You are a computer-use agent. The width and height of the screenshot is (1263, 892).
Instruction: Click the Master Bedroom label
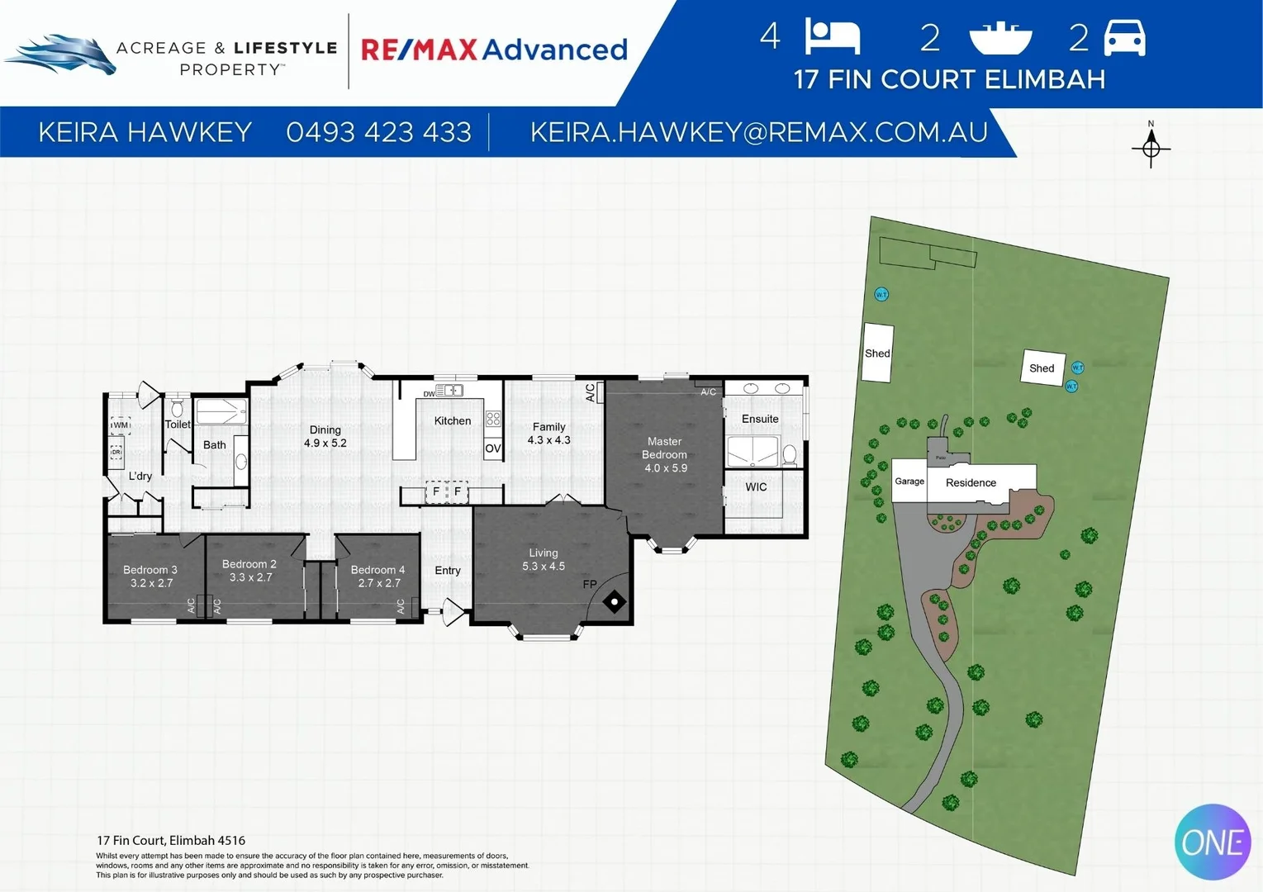[664, 448]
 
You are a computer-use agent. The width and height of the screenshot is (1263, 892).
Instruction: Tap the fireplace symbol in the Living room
[615, 602]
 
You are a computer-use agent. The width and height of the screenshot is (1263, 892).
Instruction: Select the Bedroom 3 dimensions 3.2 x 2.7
[151, 583]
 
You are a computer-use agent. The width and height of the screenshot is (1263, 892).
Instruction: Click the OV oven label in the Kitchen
[493, 448]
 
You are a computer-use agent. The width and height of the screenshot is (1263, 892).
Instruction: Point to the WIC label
[756, 487]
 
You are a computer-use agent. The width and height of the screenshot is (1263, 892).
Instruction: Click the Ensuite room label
[760, 419]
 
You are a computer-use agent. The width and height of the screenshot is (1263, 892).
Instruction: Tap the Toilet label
[178, 425]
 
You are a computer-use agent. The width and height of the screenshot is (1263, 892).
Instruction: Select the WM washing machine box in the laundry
[121, 425]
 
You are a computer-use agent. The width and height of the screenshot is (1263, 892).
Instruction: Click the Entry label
[448, 571]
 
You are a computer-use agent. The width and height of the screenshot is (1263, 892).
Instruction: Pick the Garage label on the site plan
[909, 482]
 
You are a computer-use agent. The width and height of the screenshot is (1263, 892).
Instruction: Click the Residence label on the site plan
[971, 483]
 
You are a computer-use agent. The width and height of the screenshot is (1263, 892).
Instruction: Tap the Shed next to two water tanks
[1042, 368]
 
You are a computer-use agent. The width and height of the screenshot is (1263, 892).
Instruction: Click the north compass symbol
[1151, 148]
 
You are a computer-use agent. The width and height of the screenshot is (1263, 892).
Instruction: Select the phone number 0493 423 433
[378, 132]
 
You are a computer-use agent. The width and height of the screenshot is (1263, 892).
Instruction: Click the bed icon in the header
[833, 38]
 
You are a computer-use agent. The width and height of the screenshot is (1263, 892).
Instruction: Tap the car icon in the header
[1124, 38]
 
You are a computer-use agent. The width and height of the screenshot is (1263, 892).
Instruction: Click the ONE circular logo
[1213, 842]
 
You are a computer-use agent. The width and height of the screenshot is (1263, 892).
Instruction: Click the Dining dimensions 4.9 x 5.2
[325, 444]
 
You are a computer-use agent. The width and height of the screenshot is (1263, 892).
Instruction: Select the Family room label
[548, 427]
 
